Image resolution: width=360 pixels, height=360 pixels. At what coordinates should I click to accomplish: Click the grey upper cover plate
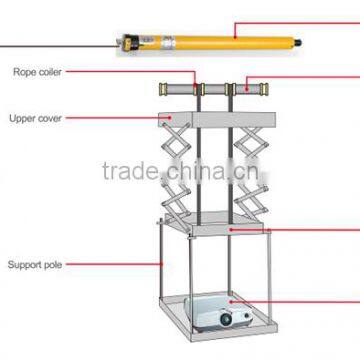(x=216, y=123)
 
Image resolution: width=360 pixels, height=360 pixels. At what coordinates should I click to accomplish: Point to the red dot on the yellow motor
(x=234, y=37)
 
